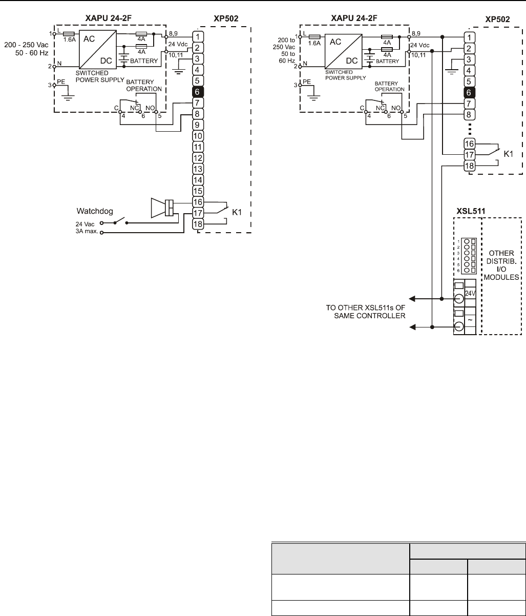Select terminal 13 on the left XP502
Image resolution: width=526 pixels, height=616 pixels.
click(198, 169)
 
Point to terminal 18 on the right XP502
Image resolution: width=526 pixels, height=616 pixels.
click(470, 166)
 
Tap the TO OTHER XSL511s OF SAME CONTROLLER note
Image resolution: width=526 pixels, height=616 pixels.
click(366, 312)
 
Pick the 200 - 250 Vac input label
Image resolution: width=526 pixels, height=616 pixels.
click(26, 46)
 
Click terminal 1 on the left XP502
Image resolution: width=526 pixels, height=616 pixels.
click(198, 36)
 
